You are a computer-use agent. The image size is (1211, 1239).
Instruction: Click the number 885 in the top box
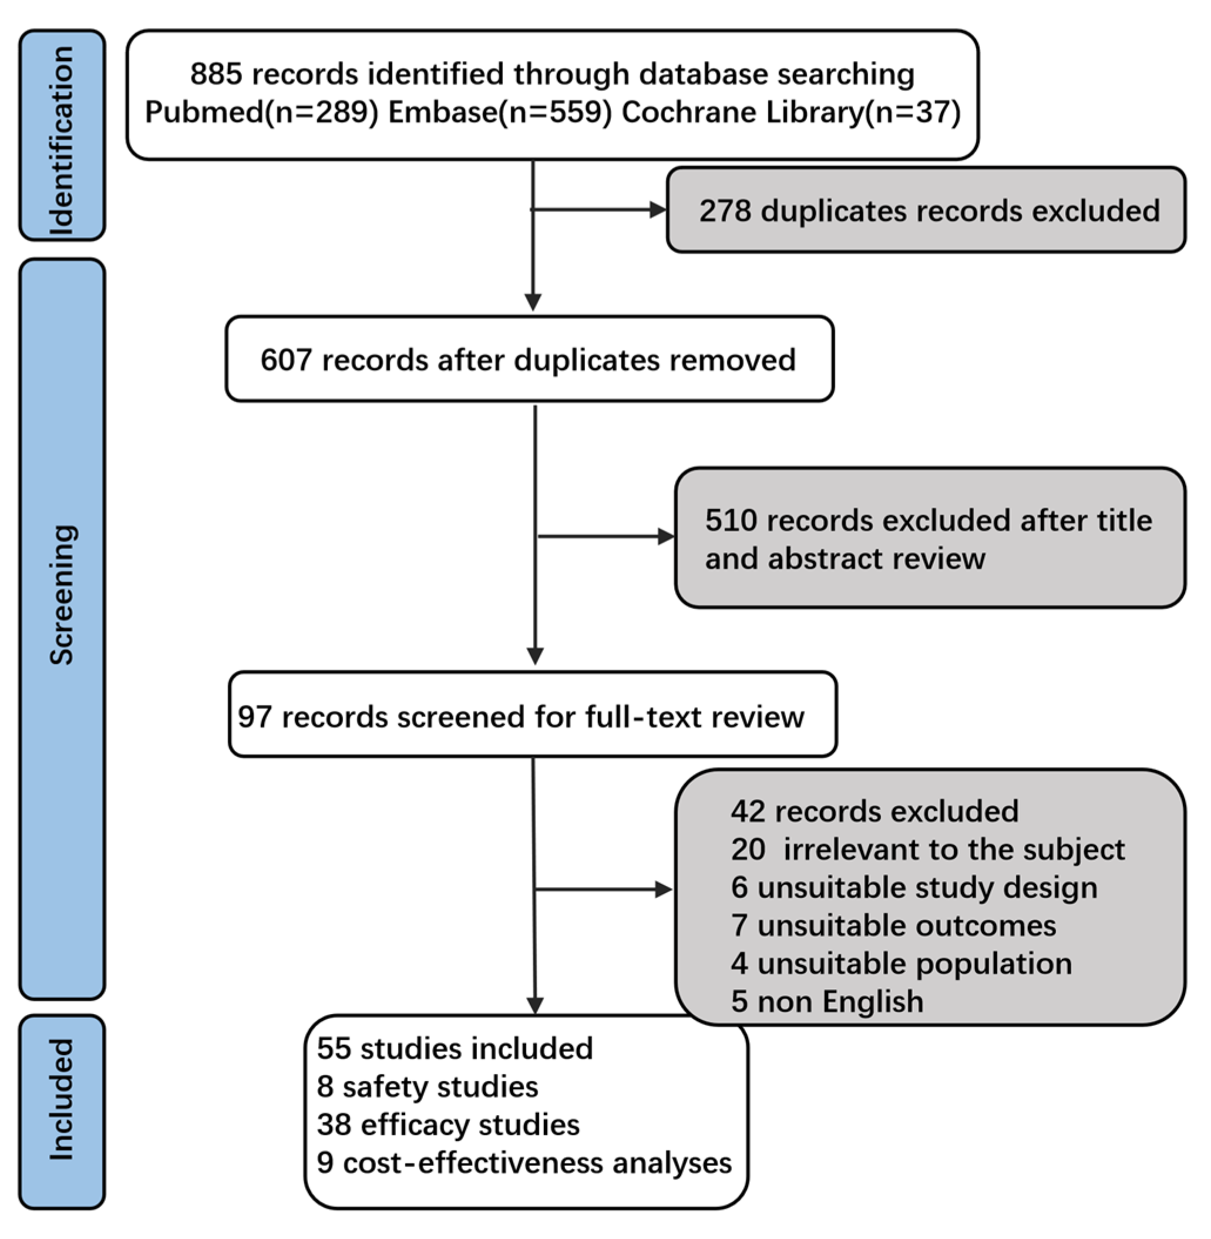[x=216, y=75]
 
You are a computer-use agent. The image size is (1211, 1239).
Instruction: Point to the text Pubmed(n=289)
[x=261, y=113]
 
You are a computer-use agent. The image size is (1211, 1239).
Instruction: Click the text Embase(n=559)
[x=500, y=113]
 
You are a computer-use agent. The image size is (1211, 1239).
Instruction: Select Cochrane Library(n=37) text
[x=790, y=113]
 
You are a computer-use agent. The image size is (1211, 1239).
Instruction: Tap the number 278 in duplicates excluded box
[x=725, y=211]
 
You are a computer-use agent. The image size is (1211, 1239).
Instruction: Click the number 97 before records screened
[x=254, y=718]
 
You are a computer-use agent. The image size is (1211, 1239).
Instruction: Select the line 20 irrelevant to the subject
[x=927, y=850]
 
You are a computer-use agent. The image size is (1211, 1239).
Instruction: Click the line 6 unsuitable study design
[x=914, y=888]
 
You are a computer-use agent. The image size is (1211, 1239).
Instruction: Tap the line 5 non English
[x=827, y=1002]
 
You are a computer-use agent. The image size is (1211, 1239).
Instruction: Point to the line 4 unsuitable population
[x=901, y=964]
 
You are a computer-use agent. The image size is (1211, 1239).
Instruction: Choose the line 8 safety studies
[x=428, y=1087]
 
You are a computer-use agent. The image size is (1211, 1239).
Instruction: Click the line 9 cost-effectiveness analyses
[x=524, y=1163]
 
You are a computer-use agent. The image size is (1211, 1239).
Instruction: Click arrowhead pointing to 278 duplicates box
[x=658, y=209]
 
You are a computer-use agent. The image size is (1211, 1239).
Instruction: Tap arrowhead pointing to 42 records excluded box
[x=664, y=890]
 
